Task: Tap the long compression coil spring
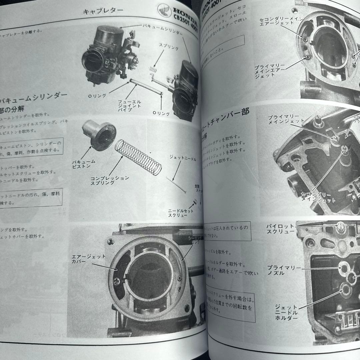point(138,157)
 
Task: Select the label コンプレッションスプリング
point(110,180)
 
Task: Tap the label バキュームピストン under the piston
point(84,164)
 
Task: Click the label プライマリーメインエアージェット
point(270,71)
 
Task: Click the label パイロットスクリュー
point(280,229)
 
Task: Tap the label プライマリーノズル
point(284,270)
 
